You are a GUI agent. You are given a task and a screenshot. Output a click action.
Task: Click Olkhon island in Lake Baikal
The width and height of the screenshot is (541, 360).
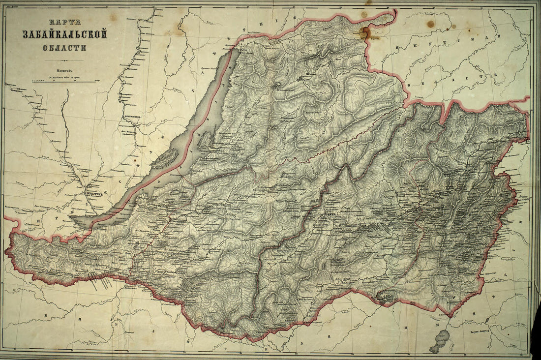[167, 159]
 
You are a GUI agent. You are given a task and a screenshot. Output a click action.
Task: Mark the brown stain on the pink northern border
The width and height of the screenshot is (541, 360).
[365, 33]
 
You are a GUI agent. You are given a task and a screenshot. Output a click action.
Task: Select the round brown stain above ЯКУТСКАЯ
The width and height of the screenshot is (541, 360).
[431, 24]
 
